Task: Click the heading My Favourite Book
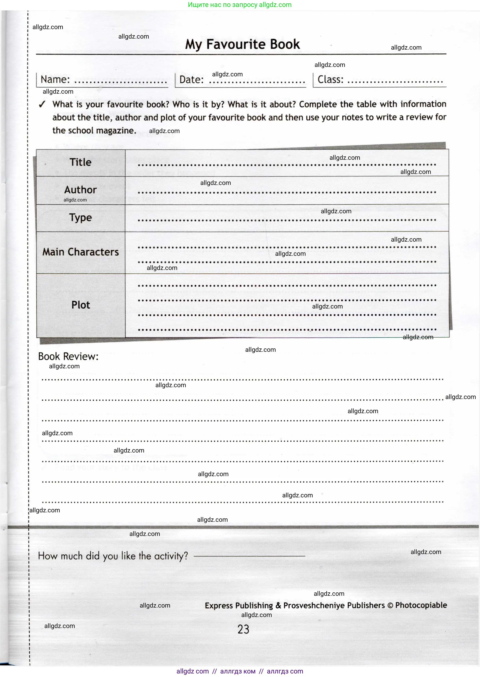[x=242, y=44]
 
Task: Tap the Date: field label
[x=191, y=80]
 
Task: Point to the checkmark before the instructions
[x=42, y=104]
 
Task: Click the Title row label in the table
[x=80, y=162]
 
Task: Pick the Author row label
[x=80, y=189]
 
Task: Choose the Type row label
[x=80, y=218]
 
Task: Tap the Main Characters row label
[x=80, y=252]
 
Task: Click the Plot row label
[x=80, y=305]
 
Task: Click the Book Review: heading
[x=68, y=356]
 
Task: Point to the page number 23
[x=243, y=629]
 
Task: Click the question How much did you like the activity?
[x=113, y=556]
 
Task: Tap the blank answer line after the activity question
[x=249, y=556]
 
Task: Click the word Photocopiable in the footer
[x=421, y=605]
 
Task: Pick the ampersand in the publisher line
[x=278, y=606]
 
